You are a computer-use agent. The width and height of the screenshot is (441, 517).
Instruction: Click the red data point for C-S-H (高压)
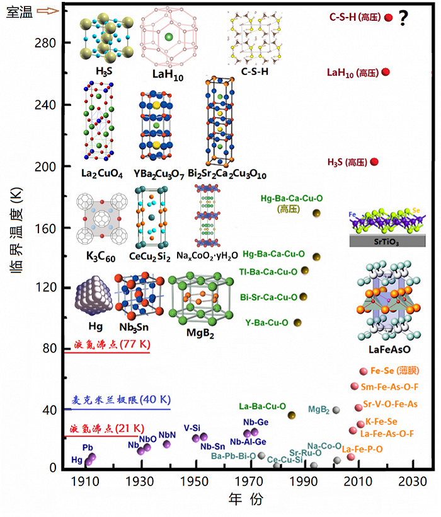(389, 18)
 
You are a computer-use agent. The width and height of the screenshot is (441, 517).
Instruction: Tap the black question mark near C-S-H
(403, 18)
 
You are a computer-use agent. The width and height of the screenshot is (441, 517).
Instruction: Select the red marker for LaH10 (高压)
(386, 72)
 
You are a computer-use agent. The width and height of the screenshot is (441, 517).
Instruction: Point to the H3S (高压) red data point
(374, 162)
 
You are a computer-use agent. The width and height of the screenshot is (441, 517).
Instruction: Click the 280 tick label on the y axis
(45, 43)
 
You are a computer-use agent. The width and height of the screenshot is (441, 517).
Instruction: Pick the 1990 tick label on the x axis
(303, 482)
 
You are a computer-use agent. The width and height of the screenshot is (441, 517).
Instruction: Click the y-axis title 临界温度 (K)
(16, 230)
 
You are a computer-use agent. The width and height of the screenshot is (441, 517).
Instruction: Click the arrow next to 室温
(48, 11)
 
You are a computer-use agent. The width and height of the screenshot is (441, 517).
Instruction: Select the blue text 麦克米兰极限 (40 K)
(121, 400)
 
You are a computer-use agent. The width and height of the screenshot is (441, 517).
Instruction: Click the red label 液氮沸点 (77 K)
(112, 344)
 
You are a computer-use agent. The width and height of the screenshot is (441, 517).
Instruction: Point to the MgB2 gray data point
(336, 410)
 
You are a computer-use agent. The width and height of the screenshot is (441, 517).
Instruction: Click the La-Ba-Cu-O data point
(292, 415)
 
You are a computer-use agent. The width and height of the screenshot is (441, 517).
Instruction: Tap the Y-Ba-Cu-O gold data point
(297, 322)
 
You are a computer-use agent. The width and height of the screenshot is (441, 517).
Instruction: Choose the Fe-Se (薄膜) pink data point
(364, 371)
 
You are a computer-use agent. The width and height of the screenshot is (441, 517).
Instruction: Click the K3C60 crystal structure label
(100, 256)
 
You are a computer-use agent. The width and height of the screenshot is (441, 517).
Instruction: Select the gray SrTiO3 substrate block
(387, 241)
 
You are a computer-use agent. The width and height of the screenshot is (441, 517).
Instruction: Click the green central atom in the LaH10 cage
(169, 37)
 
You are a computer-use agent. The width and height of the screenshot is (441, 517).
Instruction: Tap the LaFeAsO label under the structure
(389, 349)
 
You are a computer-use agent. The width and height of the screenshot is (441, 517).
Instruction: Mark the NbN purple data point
(167, 444)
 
